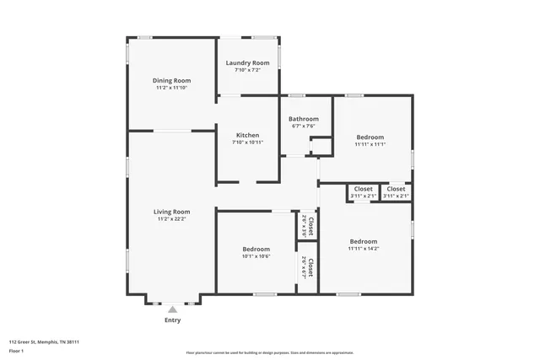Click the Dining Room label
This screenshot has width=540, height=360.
pos(171,80)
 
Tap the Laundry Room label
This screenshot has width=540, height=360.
pos(247,63)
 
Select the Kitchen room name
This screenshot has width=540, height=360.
pos(247,135)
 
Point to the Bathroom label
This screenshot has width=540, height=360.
pos(304,119)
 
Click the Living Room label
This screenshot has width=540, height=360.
pos(171,212)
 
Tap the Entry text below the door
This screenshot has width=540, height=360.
pos(172,320)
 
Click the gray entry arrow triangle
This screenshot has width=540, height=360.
pos(172,310)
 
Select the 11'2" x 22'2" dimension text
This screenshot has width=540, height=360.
pos(171,219)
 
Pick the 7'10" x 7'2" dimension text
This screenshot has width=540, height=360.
pos(247,71)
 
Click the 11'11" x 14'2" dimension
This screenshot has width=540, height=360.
pos(364,249)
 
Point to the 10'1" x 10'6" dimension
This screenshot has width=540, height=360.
pos(256,256)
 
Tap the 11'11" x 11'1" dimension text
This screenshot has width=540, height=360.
pos(370,144)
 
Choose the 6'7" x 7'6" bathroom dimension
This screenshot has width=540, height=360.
pos(304,126)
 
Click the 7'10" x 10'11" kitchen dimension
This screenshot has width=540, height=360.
pos(247,142)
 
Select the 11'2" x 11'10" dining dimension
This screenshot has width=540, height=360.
pos(171,88)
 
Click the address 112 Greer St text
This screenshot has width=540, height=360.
pos(44,342)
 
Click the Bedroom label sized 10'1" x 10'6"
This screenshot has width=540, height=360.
pos(256,249)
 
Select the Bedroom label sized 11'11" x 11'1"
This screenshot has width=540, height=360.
pos(370,137)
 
